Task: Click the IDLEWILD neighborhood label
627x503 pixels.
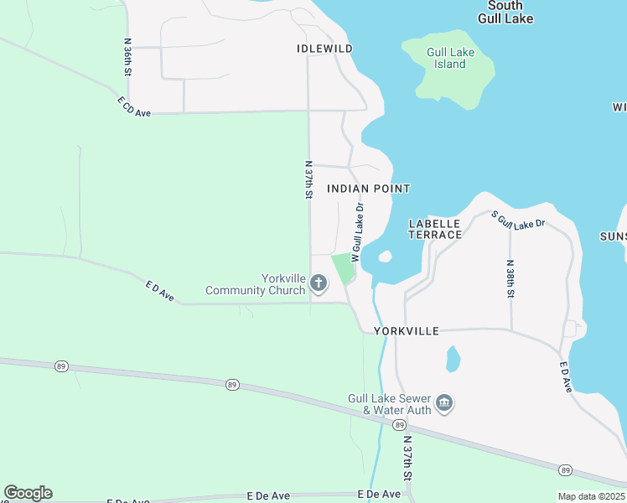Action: pos(324,49)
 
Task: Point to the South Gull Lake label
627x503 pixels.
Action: pos(505,12)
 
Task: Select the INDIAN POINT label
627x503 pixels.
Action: pos(369,189)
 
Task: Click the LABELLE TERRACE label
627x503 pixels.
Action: pos(435,229)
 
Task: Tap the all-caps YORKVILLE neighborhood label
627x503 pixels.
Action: pos(407,331)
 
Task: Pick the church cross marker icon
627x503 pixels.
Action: pos(319,284)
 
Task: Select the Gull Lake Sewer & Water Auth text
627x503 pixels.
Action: pos(390,404)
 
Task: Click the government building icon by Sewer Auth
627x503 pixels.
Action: pos(445,405)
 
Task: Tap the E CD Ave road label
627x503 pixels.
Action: pos(133,106)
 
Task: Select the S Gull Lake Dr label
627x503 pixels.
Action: pos(518,220)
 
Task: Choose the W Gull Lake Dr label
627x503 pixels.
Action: pos(357,232)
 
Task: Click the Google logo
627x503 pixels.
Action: pos(28,493)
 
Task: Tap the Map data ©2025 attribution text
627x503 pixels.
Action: pos(592,496)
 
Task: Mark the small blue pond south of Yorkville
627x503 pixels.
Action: pos(453,358)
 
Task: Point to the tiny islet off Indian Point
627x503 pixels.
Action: pos(386,257)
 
